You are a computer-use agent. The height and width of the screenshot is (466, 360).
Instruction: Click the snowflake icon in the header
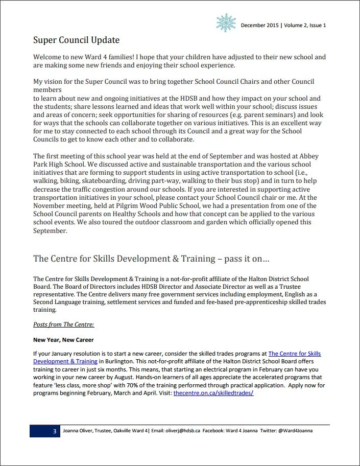pyautogui.click(x=226, y=23)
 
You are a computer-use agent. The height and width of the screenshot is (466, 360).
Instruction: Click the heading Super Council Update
pyautogui.click(x=76, y=40)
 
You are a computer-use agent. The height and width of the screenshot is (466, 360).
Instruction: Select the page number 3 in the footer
pyautogui.click(x=55, y=431)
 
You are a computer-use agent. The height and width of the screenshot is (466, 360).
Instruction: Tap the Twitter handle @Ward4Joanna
pyautogui.click(x=295, y=431)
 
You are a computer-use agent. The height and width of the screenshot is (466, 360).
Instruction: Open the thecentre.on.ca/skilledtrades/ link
pyautogui.click(x=213, y=393)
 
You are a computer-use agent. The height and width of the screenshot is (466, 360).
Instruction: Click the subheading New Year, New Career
pyautogui.click(x=63, y=340)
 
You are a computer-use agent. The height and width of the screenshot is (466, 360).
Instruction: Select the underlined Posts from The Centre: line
pyautogui.click(x=63, y=324)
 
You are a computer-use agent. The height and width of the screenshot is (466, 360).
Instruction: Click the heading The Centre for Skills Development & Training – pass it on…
pyautogui.click(x=151, y=259)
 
